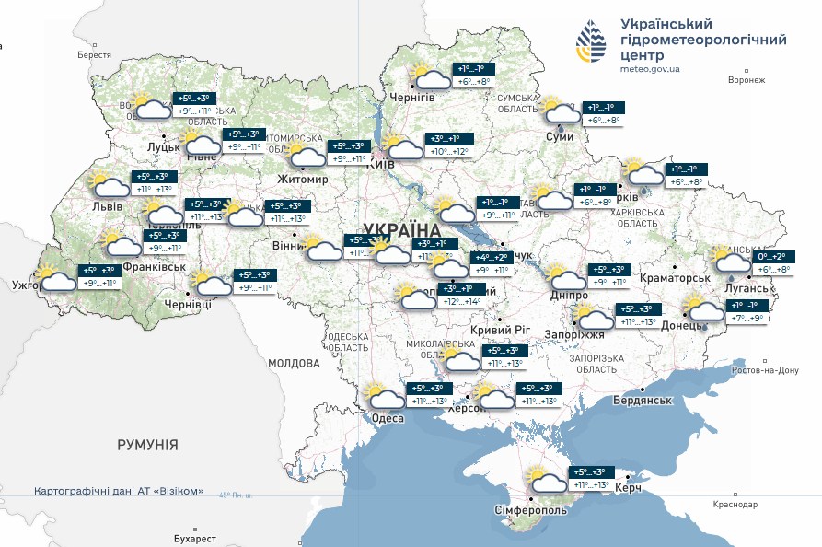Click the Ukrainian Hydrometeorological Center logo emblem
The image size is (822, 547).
pyautogui.click(x=592, y=43)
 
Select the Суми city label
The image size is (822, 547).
pyautogui.click(x=560, y=136)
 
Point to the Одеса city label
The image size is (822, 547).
pyautogui.click(x=388, y=418)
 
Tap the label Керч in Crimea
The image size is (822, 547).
pyautogui.click(x=628, y=486)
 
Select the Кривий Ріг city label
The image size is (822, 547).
pyautogui.click(x=503, y=330)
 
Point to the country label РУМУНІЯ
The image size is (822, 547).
pyautogui.click(x=147, y=445)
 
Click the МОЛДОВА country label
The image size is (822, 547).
pyautogui.click(x=293, y=363)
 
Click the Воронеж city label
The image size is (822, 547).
pyautogui.click(x=746, y=80)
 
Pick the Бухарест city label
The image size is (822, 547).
pyautogui.click(x=194, y=538)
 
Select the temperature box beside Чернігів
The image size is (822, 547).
pyautogui.click(x=475, y=75)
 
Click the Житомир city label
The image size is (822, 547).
pyautogui.click(x=302, y=179)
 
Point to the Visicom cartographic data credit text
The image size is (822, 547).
pyautogui.click(x=119, y=491)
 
